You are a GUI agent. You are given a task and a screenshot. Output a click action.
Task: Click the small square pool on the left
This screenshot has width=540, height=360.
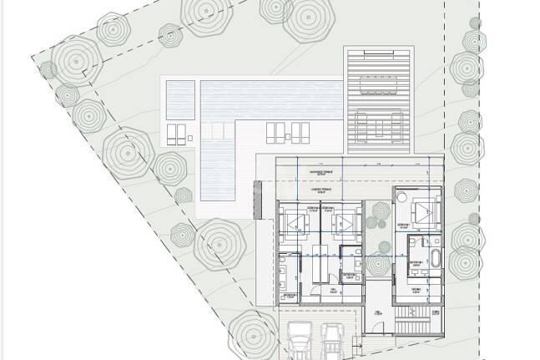[x=179, y=98]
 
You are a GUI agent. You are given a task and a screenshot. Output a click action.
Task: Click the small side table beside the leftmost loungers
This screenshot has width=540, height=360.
[x=191, y=136]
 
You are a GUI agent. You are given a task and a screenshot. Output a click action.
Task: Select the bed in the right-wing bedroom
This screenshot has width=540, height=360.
[x=424, y=210]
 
